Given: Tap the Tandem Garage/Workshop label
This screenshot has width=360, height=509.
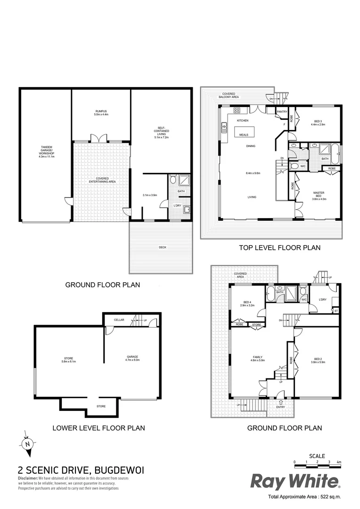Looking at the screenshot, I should [x=46, y=154].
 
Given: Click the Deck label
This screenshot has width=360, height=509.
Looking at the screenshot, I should [x=162, y=247].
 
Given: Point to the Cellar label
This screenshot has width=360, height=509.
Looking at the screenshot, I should [x=119, y=320].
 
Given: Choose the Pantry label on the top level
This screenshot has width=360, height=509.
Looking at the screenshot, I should [x=282, y=112].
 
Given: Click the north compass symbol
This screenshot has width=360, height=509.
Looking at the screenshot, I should [x=28, y=443].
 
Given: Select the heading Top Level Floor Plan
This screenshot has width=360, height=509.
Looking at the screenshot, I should [x=280, y=247].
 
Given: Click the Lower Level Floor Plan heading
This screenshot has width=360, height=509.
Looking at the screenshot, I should [x=98, y=428].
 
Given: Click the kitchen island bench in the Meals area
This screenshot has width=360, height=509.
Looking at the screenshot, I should [x=244, y=131].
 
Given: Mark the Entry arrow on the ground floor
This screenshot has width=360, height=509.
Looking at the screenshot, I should [x=281, y=402].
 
